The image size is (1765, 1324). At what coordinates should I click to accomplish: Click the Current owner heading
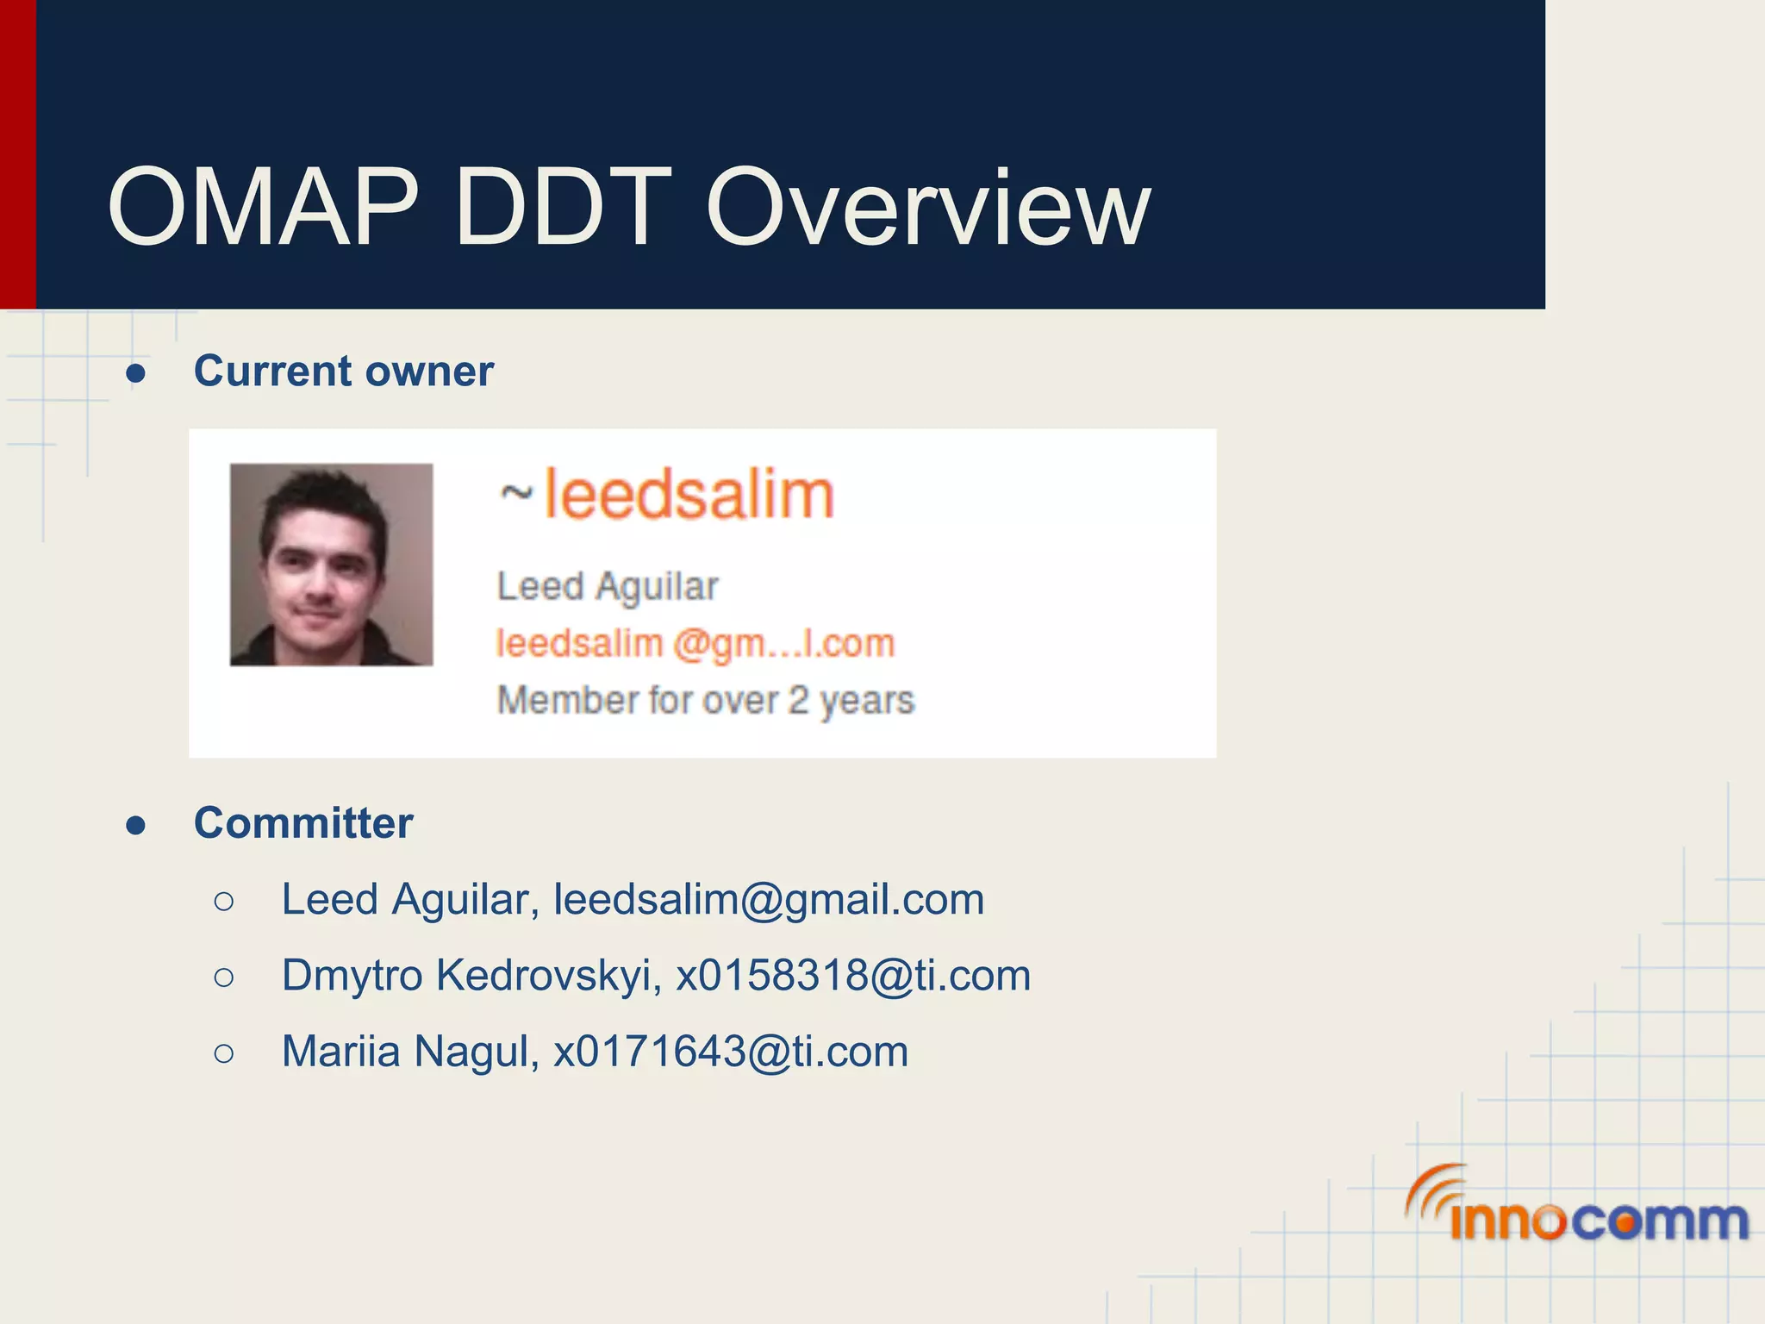(x=343, y=372)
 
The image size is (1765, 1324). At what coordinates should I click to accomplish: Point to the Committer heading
(x=303, y=823)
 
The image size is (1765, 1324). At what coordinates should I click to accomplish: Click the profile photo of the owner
(x=331, y=565)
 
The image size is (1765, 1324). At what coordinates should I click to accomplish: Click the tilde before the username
(x=516, y=495)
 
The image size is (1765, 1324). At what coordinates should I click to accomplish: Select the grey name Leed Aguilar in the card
(x=608, y=587)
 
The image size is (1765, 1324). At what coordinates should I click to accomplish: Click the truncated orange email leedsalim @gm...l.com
(x=695, y=644)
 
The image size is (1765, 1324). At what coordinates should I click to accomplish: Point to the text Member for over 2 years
(x=705, y=700)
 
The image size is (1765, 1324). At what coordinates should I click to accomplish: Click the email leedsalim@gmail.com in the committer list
(x=769, y=900)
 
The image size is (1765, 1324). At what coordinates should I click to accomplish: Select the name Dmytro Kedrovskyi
(x=471, y=976)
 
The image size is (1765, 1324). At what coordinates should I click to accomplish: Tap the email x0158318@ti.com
(x=853, y=976)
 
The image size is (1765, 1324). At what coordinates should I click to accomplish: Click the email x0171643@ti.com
(x=731, y=1052)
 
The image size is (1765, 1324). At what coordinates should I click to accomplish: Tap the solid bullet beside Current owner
(x=135, y=374)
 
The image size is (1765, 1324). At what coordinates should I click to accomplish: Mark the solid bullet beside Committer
(x=135, y=826)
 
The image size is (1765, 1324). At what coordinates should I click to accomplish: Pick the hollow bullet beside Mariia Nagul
(x=223, y=1052)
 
